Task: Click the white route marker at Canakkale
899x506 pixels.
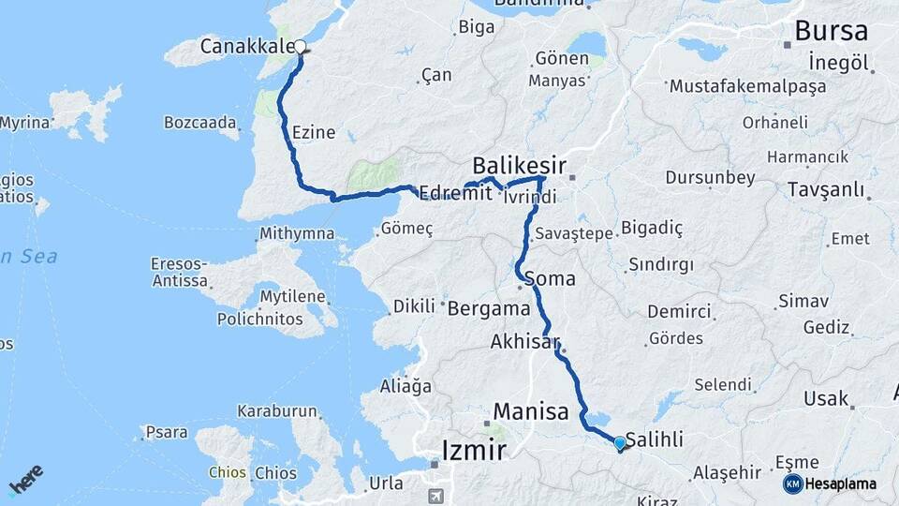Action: click(300, 46)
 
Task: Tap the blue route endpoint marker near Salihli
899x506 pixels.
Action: click(619, 442)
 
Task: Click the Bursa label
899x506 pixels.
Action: click(831, 31)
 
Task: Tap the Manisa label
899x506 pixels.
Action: click(531, 411)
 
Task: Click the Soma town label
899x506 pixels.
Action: click(550, 278)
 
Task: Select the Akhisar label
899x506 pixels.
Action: click(525, 343)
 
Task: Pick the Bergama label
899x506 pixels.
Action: click(489, 308)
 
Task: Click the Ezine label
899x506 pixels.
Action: click(314, 132)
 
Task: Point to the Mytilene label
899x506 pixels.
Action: click(291, 298)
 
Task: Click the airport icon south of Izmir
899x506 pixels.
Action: click(435, 495)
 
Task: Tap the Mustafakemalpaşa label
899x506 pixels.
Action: click(747, 86)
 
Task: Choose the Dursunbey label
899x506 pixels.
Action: click(710, 177)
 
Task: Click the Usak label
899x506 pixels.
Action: click(825, 399)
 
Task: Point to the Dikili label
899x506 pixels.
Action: click(414, 305)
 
